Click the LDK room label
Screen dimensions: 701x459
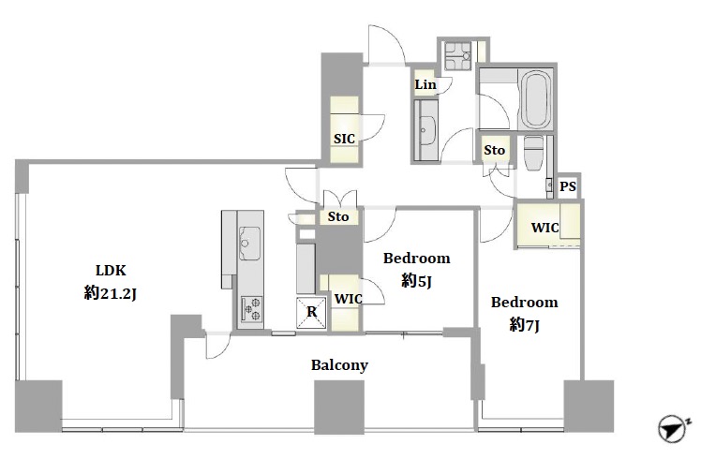tap(111, 271)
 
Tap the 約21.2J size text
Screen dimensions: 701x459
tap(110, 293)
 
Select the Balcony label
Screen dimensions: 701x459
tap(339, 365)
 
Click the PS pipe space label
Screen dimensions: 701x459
tap(568, 185)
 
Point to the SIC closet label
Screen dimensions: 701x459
tap(344, 139)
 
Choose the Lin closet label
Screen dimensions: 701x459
tap(425, 84)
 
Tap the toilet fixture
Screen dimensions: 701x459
tap(533, 153)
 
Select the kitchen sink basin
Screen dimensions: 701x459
tap(249, 244)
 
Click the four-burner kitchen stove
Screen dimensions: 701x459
tap(251, 309)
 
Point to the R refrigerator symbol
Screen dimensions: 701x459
tap(311, 313)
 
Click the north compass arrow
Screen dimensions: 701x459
tap(673, 429)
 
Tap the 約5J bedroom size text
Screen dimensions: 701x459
tap(416, 281)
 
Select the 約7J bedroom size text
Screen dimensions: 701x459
tap(524, 325)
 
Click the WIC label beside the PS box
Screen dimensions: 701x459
tap(545, 228)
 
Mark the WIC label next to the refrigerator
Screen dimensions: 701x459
tap(349, 299)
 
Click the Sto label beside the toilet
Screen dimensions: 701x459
tap(494, 150)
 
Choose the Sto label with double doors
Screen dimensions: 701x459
tap(338, 216)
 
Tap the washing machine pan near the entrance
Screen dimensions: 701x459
tap(457, 56)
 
